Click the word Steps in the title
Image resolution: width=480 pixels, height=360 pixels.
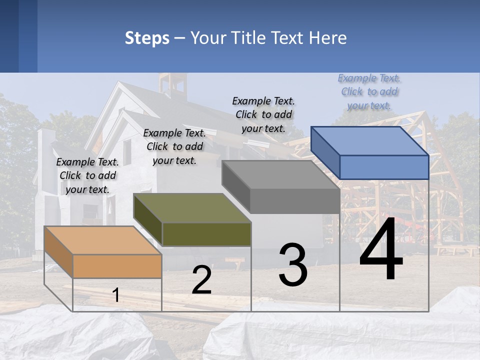coord(146,38)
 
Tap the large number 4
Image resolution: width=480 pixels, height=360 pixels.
coord(381,250)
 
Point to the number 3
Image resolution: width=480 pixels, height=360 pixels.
coord(292,265)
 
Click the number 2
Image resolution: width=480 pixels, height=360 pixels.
coord(201,280)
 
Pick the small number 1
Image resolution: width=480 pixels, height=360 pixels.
coord(116,295)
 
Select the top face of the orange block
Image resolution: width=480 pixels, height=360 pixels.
coord(102,240)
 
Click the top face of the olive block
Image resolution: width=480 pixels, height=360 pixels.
coord(192,208)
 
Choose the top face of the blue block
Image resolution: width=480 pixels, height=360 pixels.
coord(370,141)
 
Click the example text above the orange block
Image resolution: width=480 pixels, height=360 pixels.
coord(87,175)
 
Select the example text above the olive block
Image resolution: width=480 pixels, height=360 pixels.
coord(174,146)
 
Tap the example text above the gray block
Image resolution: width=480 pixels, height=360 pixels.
coord(263,114)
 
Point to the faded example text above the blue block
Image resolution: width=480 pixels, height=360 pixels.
coord(369,91)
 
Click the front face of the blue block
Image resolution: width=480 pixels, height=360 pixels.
coord(384,167)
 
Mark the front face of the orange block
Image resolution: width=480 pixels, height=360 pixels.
coord(117,266)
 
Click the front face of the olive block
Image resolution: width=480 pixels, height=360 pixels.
coord(206,234)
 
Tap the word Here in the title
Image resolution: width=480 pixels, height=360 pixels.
coord(328,38)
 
